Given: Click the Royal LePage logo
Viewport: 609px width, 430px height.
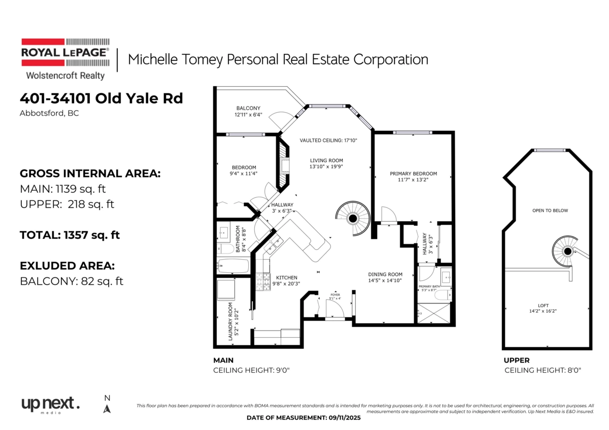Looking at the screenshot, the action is click(65, 59).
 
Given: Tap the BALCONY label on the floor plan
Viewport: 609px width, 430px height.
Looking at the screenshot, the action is click(248, 108).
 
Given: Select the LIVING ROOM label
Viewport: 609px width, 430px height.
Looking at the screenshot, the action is click(326, 161).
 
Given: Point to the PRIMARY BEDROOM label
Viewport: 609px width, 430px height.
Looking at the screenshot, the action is click(413, 173).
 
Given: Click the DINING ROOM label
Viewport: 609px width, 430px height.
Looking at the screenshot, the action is click(385, 274).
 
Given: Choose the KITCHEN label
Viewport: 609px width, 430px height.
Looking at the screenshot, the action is click(287, 277).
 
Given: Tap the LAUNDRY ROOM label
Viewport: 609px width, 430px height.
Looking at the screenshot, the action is click(230, 321).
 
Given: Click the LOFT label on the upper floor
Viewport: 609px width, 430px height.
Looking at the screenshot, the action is click(543, 305).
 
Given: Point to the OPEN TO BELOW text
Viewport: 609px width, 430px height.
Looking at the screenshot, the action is click(550, 210).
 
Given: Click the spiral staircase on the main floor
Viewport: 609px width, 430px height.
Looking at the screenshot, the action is click(353, 218).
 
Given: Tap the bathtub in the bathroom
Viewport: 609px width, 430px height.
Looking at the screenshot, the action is click(233, 266).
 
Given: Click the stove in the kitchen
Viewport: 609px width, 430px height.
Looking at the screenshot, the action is click(263, 282).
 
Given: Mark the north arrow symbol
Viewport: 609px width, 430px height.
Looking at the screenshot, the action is click(107, 409).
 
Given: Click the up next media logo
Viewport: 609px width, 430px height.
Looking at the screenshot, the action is click(51, 405).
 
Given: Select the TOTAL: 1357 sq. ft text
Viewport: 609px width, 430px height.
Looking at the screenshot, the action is click(70, 235).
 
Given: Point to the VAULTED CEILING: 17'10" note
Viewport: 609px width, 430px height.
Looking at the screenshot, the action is click(328, 140).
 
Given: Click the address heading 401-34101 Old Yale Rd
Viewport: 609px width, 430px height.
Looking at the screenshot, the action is click(101, 98).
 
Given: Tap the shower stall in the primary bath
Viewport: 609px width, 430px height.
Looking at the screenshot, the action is click(433, 313).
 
